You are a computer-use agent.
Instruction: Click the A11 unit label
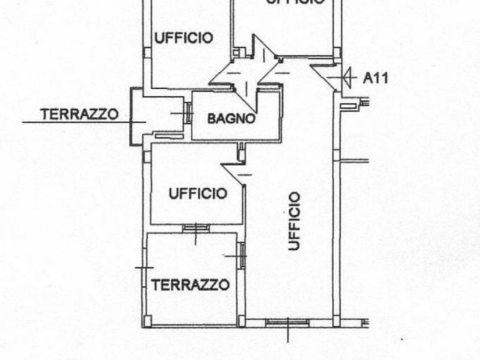[x=375, y=78]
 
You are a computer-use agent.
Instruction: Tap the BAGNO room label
[x=232, y=119]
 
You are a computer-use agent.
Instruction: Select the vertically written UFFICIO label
[x=294, y=221]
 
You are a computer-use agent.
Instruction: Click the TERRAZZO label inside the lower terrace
[x=190, y=285]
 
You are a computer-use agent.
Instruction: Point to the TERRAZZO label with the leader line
[x=79, y=114]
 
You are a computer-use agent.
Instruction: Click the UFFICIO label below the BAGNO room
[x=198, y=194]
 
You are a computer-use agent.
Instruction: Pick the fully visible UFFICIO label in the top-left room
[x=184, y=37]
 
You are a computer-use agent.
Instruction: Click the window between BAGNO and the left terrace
[x=189, y=113]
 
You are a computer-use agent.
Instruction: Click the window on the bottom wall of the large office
[x=287, y=322]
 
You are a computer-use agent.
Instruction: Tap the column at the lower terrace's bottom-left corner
[x=148, y=321]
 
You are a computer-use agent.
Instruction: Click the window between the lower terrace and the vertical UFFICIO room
[x=242, y=255]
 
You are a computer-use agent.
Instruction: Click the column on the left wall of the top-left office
[x=147, y=52]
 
